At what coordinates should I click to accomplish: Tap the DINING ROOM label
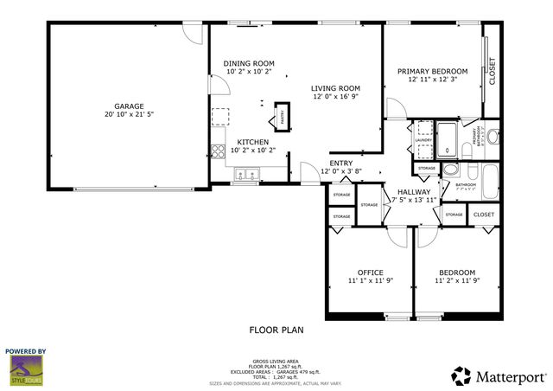click(x=249, y=63)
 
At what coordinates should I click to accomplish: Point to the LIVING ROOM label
click(x=336, y=88)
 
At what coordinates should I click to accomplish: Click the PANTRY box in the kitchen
click(x=282, y=115)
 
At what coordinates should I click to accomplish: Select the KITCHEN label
click(x=253, y=142)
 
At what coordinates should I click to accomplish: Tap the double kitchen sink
click(x=245, y=176)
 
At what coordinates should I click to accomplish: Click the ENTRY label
click(x=340, y=163)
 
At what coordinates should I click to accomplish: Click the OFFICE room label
click(x=370, y=272)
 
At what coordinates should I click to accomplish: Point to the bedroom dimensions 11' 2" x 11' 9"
click(x=456, y=281)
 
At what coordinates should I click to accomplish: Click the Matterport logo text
click(x=508, y=375)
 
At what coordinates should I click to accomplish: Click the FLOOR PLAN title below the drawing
click(x=276, y=330)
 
